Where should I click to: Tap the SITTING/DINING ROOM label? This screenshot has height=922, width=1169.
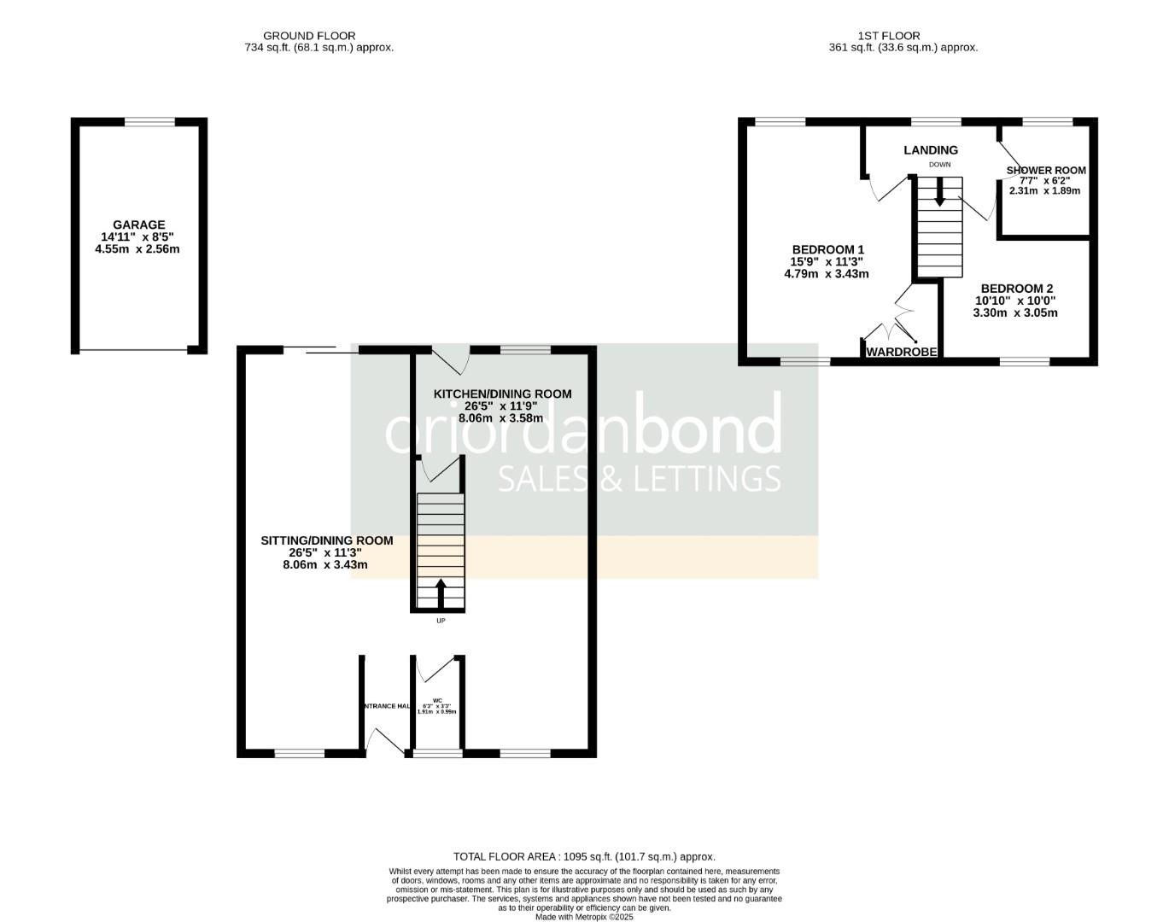pos(327,540)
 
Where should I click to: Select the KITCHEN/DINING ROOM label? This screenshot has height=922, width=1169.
pos(503,394)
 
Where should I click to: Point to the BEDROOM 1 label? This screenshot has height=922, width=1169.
pos(826,250)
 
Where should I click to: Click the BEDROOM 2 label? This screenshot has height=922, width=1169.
pos(1017,289)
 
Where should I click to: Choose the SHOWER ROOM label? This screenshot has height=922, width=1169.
pos(1046,170)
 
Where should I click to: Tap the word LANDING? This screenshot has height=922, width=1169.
pos(931,150)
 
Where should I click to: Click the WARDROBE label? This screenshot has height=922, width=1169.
pos(902,352)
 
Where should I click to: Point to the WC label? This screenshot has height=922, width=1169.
pos(436,699)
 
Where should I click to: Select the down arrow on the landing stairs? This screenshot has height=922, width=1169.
pos(939,191)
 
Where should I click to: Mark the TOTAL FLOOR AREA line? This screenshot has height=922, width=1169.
pos(584,856)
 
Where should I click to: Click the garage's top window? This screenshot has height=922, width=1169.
pos(150,122)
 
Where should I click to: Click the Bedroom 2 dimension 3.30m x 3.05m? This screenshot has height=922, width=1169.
pos(1015,312)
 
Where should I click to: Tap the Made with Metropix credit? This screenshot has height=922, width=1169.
pos(584,917)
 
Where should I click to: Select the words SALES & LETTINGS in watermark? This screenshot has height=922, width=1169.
pos(639,478)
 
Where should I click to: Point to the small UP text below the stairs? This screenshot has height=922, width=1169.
pos(441,621)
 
